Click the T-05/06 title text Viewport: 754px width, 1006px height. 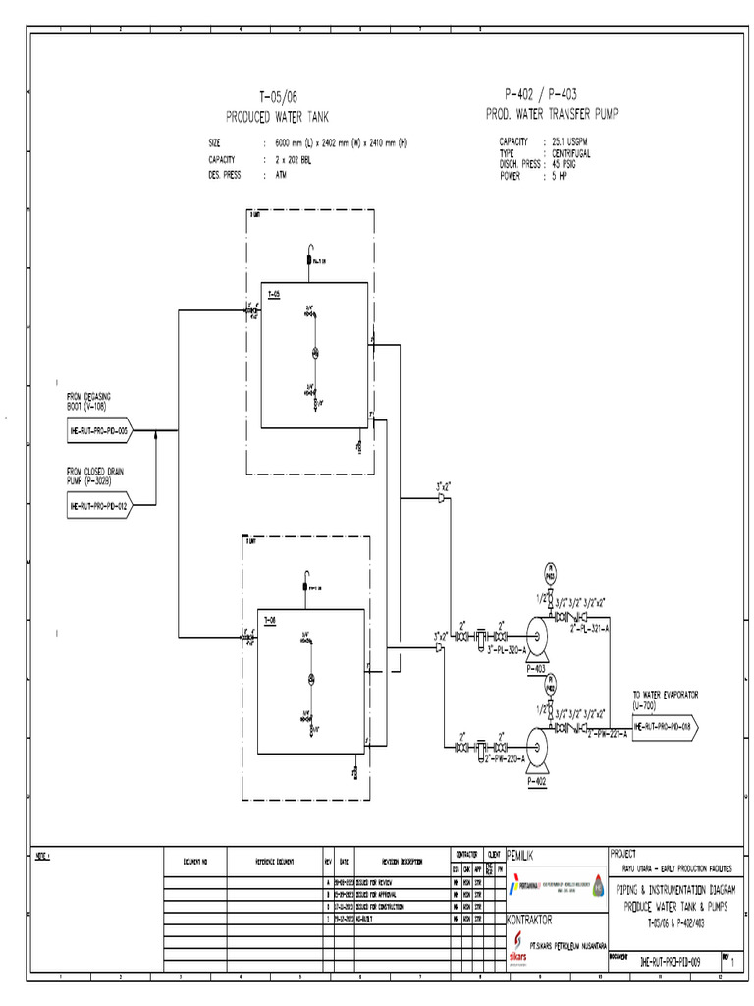(278, 97)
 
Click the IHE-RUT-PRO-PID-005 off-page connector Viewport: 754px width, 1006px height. (98, 430)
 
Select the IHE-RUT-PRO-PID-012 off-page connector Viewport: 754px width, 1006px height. (98, 505)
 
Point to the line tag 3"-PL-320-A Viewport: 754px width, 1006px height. (503, 650)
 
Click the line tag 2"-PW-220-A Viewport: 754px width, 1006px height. (503, 758)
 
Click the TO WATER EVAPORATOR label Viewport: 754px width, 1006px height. (665, 694)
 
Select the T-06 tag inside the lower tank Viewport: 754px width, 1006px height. (271, 620)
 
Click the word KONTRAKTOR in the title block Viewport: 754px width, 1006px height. (535, 921)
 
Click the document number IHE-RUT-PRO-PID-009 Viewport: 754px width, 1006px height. (669, 962)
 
